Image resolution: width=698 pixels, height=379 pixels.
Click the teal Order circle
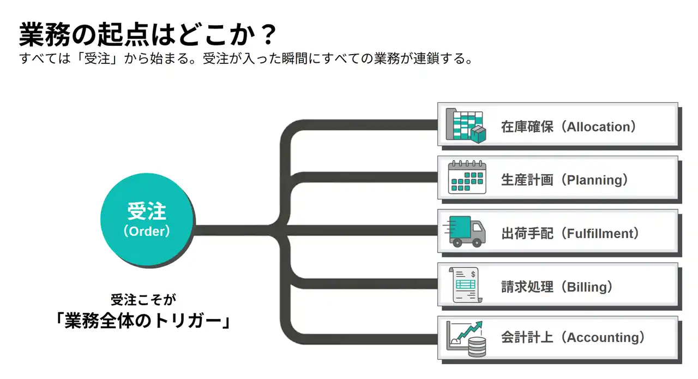[x=146, y=221]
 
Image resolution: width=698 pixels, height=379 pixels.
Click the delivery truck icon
[x=466, y=232]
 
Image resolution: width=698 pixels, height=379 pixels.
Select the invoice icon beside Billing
[x=467, y=285]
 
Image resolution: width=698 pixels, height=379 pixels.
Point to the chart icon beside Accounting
[x=466, y=338]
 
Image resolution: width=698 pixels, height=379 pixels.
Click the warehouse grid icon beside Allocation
[x=465, y=125]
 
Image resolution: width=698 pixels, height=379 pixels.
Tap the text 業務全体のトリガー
[x=142, y=320]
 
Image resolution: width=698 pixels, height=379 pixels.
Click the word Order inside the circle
[x=146, y=232]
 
